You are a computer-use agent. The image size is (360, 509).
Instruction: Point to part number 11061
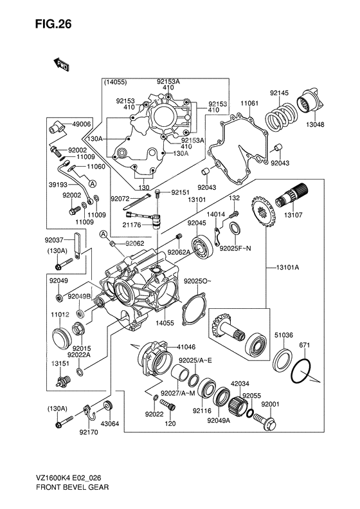(250, 103)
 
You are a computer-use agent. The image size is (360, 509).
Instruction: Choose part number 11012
(60, 315)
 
